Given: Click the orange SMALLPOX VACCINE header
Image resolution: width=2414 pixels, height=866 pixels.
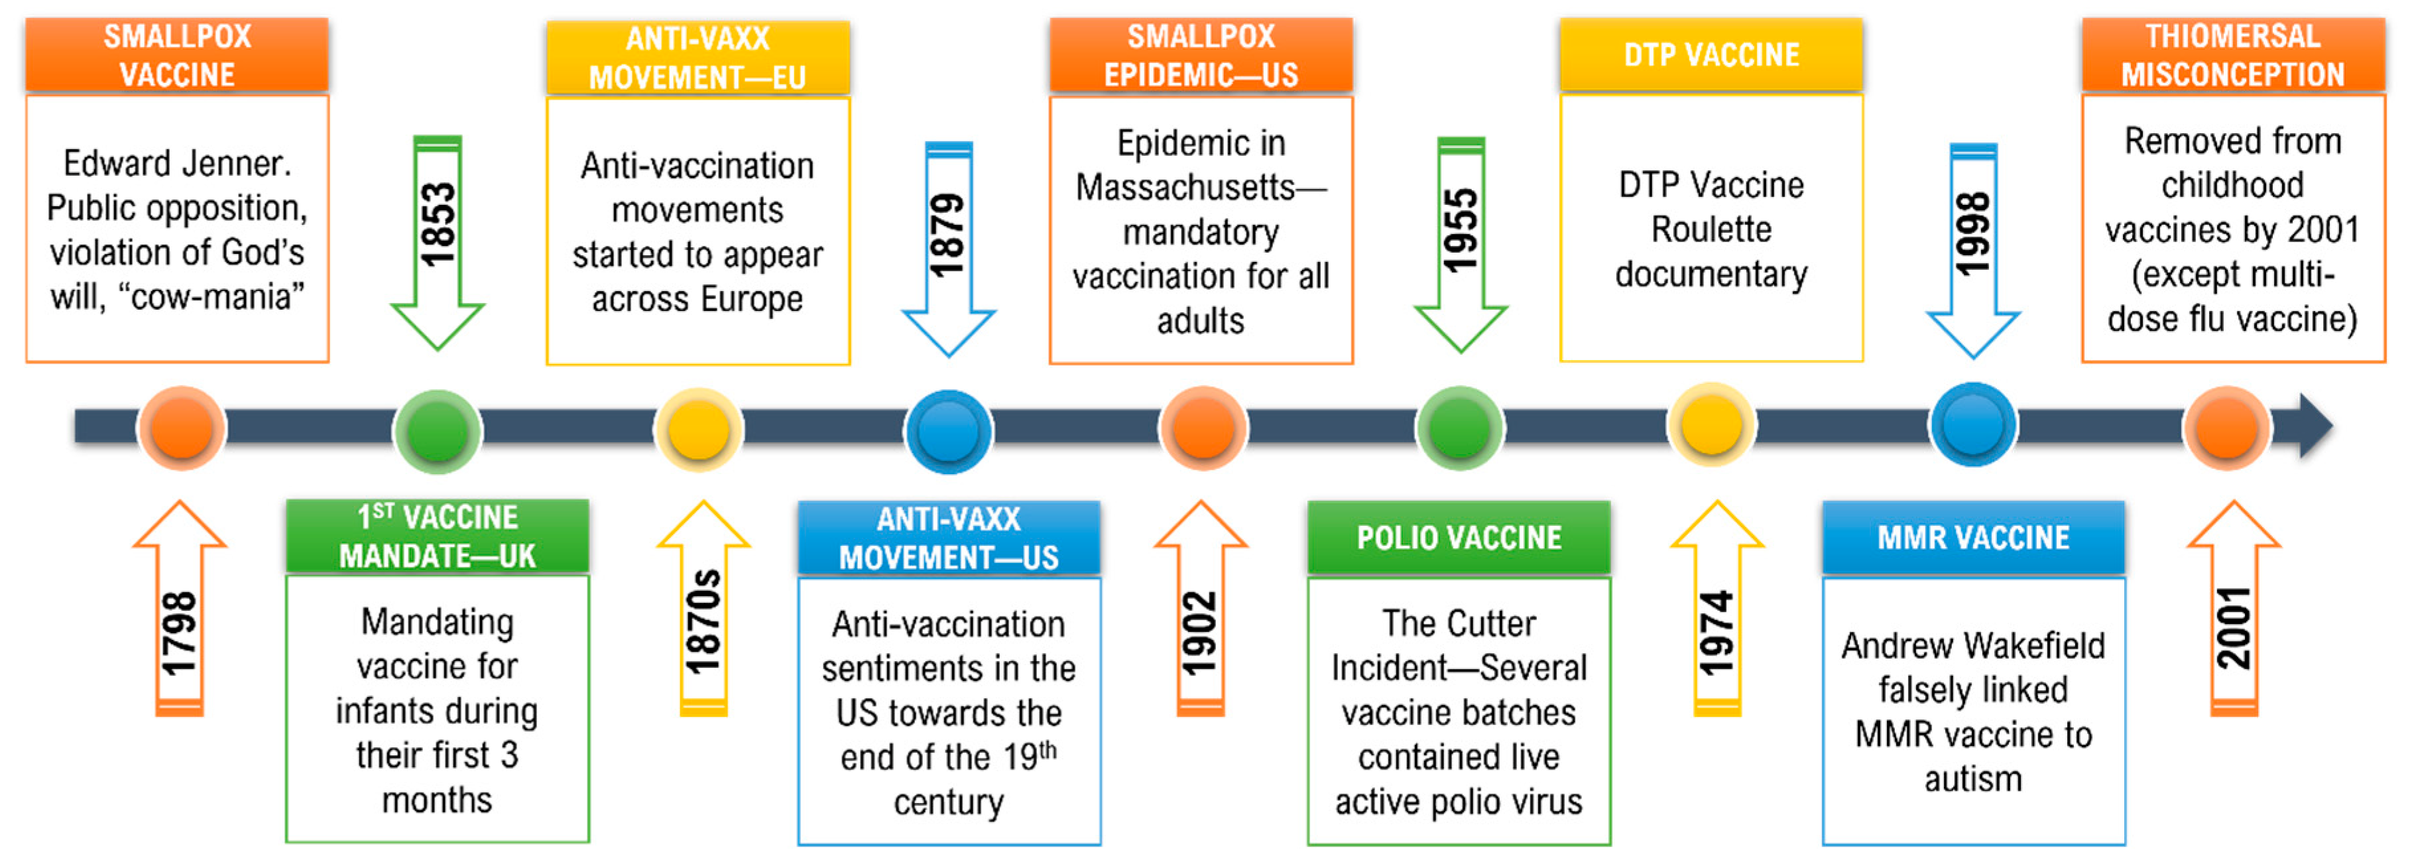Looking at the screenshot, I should pyautogui.click(x=177, y=55).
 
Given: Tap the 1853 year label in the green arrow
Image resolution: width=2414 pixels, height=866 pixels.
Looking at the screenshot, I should pyautogui.click(x=438, y=225).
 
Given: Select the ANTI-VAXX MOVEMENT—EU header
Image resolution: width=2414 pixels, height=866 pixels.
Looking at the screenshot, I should pyautogui.click(x=698, y=57).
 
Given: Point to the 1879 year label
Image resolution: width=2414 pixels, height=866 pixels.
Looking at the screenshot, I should pyautogui.click(x=947, y=234).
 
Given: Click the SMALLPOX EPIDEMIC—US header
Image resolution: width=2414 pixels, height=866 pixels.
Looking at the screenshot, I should pyautogui.click(x=1201, y=55).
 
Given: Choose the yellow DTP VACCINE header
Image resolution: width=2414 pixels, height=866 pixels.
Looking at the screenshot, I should pyautogui.click(x=1711, y=54).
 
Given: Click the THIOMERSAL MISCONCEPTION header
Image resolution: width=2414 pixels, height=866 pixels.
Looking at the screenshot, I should pyautogui.click(x=2232, y=55).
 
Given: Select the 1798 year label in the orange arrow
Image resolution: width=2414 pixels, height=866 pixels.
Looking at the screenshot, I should pyautogui.click(x=179, y=633).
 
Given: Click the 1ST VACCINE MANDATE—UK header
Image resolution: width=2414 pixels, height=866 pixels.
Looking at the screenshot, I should pyautogui.click(x=438, y=536).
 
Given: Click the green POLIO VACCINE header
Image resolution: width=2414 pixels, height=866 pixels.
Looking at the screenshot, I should pyautogui.click(x=1459, y=537).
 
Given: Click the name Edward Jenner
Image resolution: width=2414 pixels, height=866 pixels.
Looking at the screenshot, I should pyautogui.click(x=177, y=164).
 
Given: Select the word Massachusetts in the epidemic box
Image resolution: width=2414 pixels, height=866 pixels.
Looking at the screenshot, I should pyautogui.click(x=1185, y=188).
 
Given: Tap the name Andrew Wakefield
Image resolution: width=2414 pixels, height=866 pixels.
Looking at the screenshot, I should pyautogui.click(x=1972, y=646).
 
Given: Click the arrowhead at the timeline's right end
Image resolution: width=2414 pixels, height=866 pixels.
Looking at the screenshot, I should pyautogui.click(x=2315, y=426).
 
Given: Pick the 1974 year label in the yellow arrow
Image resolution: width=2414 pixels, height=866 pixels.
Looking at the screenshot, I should pyautogui.click(x=1717, y=633).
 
